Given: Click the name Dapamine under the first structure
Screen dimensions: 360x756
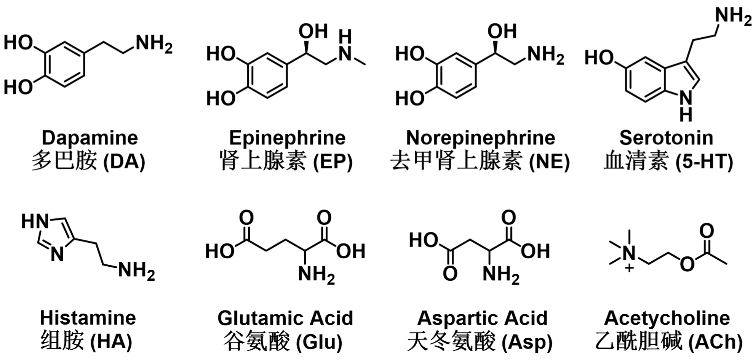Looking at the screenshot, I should pos(90,138).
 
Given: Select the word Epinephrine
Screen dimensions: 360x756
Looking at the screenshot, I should pos(287,138).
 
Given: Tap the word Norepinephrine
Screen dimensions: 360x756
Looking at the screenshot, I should pos(480,138).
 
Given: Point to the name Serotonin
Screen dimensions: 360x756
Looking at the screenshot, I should pos(666,138).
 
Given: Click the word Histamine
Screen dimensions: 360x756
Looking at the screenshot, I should pos(88,318).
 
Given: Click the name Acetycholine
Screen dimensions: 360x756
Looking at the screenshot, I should pos(667,318).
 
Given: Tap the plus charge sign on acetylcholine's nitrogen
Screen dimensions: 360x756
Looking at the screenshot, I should pos(629,269).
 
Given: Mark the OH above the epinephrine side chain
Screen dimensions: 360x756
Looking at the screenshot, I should pos(313,31).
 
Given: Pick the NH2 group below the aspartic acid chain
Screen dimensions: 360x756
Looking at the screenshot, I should pos(500,274).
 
